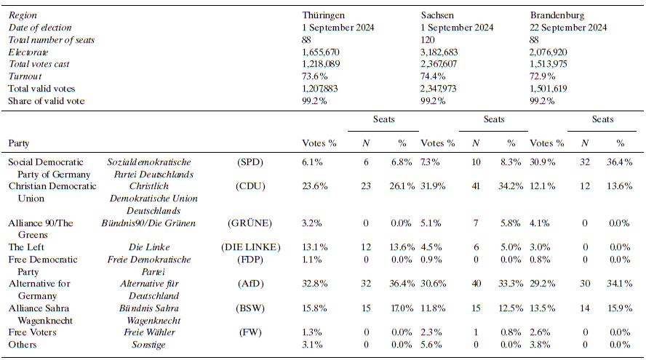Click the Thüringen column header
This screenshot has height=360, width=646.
(323, 15)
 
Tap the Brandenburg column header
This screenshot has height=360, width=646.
(557, 15)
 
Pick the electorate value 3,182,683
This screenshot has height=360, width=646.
(445, 52)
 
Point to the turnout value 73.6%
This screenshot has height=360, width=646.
(315, 76)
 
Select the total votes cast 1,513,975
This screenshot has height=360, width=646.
(555, 65)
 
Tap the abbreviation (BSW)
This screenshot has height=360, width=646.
(251, 308)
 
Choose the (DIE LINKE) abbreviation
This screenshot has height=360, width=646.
(251, 248)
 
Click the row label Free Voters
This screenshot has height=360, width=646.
(32, 332)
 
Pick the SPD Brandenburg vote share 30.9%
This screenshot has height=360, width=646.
(545, 161)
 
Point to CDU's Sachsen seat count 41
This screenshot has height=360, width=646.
(476, 186)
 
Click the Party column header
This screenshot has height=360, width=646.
(20, 143)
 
